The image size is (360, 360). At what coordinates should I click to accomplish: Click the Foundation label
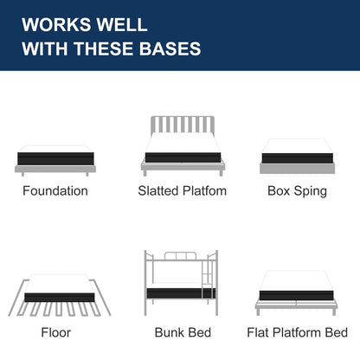click(x=55, y=191)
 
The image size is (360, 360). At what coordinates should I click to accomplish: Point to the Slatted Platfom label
click(x=183, y=191)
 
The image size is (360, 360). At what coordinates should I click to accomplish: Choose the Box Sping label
click(x=298, y=191)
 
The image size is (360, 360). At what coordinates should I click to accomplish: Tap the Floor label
click(x=56, y=332)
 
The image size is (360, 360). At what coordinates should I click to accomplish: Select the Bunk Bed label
click(x=183, y=332)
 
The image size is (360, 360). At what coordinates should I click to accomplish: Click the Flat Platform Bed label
click(x=298, y=332)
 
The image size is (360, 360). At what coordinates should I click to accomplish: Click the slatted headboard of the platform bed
click(x=183, y=125)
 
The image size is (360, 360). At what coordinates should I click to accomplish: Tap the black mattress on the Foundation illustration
click(x=55, y=158)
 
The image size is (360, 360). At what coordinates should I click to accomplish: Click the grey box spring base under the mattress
click(x=298, y=168)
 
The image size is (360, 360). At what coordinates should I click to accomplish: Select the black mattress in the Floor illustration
click(x=60, y=298)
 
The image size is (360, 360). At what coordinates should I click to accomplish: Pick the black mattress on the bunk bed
click(x=181, y=293)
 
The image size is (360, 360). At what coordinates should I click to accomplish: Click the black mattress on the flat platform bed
click(x=297, y=296)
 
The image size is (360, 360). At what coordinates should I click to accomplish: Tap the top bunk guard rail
click(x=180, y=256)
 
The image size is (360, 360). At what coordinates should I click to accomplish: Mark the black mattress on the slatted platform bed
click(x=183, y=157)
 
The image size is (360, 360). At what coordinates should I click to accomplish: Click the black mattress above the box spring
click(x=298, y=158)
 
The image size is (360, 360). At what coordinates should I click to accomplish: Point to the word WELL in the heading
click(x=122, y=24)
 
